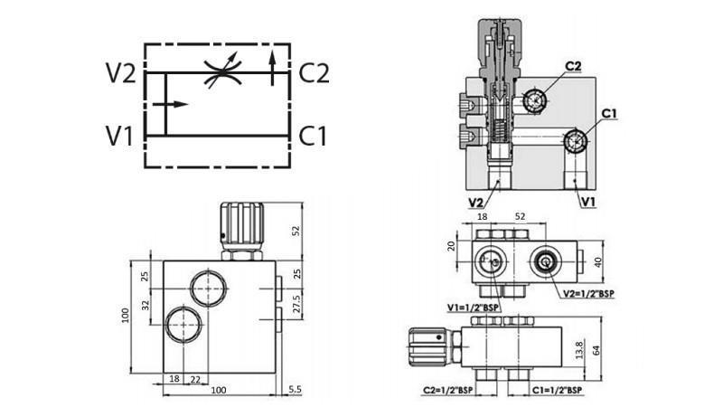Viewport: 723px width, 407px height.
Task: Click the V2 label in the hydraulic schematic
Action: click(120, 73)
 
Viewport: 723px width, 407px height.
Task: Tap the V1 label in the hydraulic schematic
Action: click(120, 136)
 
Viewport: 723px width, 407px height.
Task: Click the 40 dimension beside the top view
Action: click(596, 262)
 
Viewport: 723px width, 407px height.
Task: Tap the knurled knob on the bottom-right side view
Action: click(424, 345)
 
